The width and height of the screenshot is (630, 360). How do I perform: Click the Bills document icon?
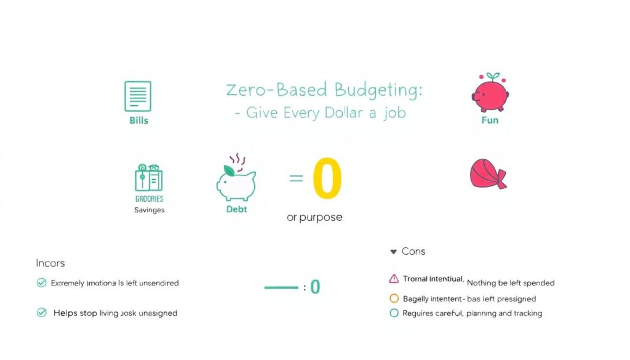pyautogui.click(x=138, y=96)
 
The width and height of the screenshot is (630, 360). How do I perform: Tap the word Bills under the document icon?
pyautogui.click(x=139, y=120)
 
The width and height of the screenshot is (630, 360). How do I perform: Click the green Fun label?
pyautogui.click(x=490, y=120)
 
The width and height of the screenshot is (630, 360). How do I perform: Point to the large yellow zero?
pyautogui.click(x=327, y=179)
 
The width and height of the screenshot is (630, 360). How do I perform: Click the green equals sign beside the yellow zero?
pyautogui.click(x=296, y=178)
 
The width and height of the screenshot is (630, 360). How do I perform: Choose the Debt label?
pyautogui.click(x=237, y=209)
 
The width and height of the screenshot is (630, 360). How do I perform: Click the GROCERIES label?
pyautogui.click(x=149, y=199)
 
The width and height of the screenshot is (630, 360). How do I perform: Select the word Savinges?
pyautogui.click(x=149, y=210)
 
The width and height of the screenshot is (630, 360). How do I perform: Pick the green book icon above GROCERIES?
pyautogui.click(x=148, y=178)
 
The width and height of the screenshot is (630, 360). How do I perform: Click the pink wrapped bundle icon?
pyautogui.click(x=488, y=174)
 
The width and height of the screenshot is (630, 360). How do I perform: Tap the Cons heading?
pyautogui.click(x=413, y=252)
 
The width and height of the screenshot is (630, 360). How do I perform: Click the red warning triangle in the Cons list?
pyautogui.click(x=394, y=279)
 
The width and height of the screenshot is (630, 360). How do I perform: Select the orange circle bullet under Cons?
pyautogui.click(x=394, y=298)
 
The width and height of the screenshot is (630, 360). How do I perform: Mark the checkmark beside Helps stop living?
pyautogui.click(x=42, y=313)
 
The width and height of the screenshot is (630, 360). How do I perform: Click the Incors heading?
pyautogui.click(x=50, y=263)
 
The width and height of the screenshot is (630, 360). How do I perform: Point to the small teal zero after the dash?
pyautogui.click(x=315, y=287)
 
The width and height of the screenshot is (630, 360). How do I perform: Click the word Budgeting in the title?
pyautogui.click(x=379, y=90)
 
